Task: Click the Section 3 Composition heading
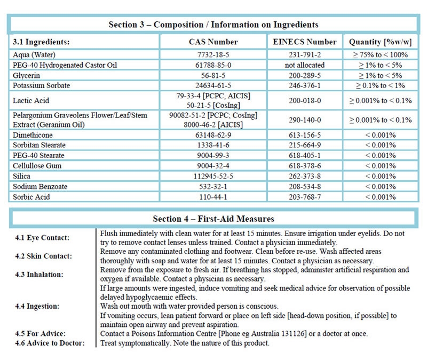(213, 25)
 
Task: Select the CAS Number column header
(213, 42)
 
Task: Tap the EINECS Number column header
(305, 42)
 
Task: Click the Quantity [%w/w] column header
(380, 42)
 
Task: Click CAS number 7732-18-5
(213, 55)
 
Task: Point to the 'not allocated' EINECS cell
(305, 65)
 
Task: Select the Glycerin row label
(27, 75)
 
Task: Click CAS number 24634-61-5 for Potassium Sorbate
(213, 85)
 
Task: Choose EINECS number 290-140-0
(305, 120)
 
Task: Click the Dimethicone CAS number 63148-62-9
(213, 135)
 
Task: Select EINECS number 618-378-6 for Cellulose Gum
(305, 166)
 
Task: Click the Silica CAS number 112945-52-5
(213, 176)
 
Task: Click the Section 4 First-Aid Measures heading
(213, 218)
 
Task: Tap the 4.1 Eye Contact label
(43, 237)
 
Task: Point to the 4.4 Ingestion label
(41, 307)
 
